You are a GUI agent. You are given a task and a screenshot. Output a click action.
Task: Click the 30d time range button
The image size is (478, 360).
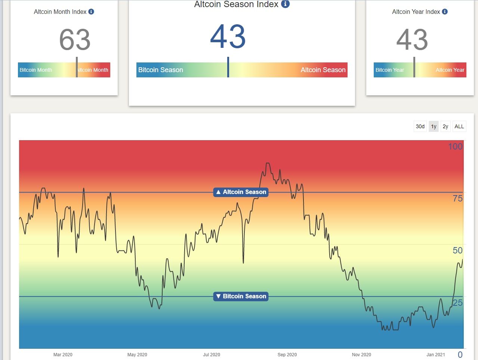[x=420, y=126]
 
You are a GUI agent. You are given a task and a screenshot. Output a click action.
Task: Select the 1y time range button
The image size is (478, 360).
[x=434, y=126]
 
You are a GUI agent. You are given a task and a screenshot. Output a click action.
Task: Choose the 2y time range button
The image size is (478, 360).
[x=445, y=126]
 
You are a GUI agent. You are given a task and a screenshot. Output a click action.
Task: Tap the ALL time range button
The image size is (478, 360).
[x=459, y=126]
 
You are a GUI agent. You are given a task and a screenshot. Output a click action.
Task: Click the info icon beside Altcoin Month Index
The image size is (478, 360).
[x=91, y=12]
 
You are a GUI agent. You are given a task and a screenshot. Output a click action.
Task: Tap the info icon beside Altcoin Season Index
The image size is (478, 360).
[x=285, y=4]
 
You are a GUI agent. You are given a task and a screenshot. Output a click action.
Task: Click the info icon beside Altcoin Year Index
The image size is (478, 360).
[x=445, y=12]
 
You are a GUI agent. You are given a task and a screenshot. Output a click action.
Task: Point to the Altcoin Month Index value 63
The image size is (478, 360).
[x=75, y=40]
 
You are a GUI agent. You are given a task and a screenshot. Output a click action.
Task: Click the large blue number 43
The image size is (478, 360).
[x=228, y=37]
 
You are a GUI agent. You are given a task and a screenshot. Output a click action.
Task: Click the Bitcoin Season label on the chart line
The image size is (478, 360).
[x=241, y=296]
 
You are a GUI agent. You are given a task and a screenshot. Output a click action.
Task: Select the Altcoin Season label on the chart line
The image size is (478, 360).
[x=241, y=192]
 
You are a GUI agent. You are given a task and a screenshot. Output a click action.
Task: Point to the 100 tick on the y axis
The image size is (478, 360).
[x=455, y=147]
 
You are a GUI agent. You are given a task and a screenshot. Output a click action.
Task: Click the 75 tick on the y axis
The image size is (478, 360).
[x=457, y=199]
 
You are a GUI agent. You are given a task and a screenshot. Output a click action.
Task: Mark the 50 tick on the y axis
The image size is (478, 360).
[x=457, y=250]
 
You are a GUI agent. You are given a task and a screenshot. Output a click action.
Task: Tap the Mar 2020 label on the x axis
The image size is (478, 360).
[x=63, y=354]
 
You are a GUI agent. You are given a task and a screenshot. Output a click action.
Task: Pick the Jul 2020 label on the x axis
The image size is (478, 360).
[x=212, y=354]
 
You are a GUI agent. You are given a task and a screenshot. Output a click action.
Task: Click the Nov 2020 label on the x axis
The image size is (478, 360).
[x=361, y=354]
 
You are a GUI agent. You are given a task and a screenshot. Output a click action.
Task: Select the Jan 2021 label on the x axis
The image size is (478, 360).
[x=436, y=354]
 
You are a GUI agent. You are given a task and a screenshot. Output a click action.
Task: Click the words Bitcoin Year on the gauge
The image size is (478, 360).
[x=389, y=70]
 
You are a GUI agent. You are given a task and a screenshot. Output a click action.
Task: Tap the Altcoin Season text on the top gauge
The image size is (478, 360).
[x=323, y=70]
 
